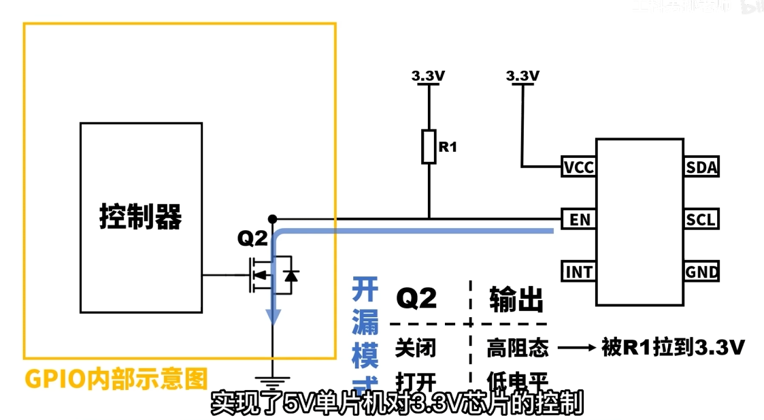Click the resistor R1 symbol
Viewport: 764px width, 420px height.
428,146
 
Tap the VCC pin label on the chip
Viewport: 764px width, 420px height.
578,167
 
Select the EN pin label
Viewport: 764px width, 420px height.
579,220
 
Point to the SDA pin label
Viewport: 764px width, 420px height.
701,167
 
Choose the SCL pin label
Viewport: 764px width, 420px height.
701,220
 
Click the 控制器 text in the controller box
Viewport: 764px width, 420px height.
141,217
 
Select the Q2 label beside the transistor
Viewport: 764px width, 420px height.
252,238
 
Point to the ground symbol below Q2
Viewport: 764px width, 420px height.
273,381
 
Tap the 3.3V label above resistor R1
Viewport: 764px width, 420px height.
428,76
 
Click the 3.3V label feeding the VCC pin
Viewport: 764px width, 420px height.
522,76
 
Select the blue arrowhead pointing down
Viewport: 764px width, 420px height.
273,315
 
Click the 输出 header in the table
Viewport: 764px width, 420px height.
516,299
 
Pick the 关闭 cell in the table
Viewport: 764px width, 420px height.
416,348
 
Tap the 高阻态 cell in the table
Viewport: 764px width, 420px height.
517,348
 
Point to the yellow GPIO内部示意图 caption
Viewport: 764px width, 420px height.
116,378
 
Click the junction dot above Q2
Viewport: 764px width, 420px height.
272,219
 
